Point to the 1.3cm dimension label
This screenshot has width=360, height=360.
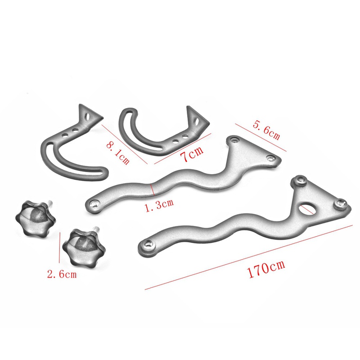click(x=158, y=203)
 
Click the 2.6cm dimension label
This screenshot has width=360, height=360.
click(x=61, y=273)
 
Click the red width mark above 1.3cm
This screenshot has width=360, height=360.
click(x=152, y=190)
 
